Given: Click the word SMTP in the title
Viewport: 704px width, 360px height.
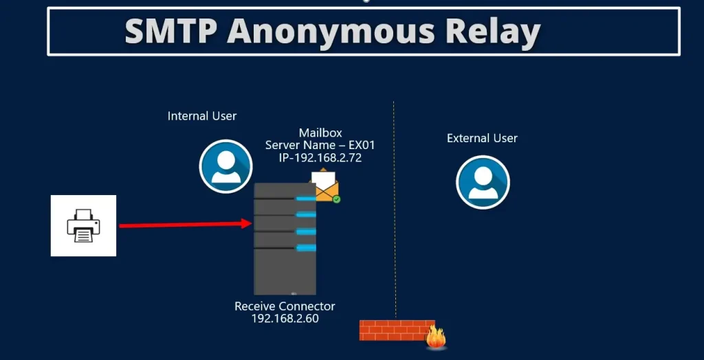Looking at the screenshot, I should point(169,31).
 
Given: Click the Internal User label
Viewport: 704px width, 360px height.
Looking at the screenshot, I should point(202,116).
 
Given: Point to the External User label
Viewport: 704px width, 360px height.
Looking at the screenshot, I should point(482,138).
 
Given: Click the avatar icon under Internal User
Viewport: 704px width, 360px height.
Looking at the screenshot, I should point(225,166).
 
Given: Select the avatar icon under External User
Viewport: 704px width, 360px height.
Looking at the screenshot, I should point(482,181).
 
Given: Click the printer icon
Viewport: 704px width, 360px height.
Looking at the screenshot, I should point(83,226).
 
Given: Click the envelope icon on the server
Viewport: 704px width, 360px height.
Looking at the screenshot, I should point(325,185).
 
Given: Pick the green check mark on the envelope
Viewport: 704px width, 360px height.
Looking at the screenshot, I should point(336,199).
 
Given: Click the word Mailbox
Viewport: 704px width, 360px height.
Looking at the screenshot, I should point(320,133).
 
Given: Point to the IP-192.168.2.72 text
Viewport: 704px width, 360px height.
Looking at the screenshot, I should point(320,157).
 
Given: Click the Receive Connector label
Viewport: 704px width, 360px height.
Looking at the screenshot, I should point(285,306).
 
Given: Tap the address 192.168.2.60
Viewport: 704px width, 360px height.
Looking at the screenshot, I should point(285,319).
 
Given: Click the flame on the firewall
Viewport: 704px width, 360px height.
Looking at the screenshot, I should point(436,337).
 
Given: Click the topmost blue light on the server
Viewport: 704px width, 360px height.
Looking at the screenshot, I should point(306,199).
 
